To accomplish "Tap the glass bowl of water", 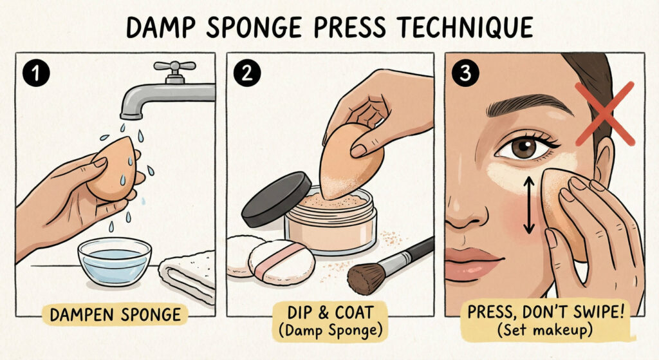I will tap(114, 261).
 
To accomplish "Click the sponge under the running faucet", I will tap(111, 169).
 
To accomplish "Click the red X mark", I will tap(604, 113).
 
